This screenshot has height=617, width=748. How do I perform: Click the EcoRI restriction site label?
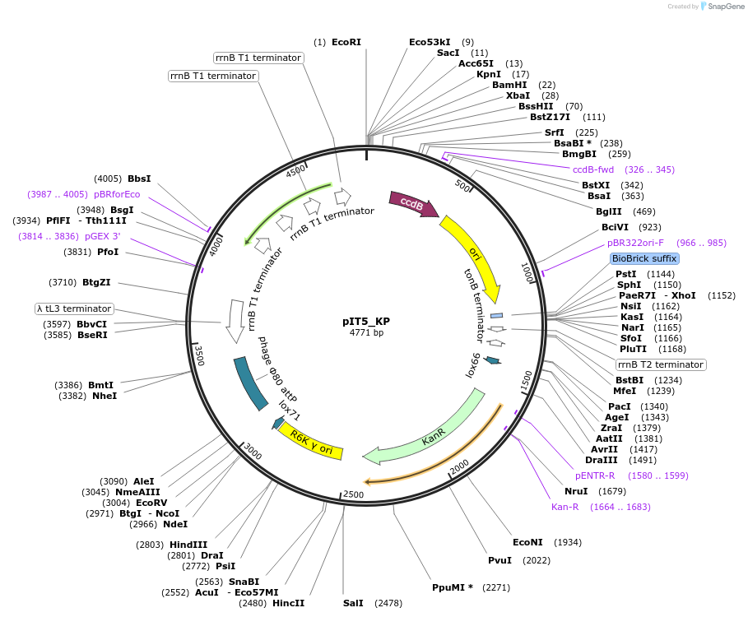point(346,42)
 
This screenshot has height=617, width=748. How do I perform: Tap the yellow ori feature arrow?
point(474,255)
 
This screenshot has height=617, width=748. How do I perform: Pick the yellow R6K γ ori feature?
point(311,443)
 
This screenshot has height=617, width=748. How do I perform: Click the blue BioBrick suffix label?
point(644,258)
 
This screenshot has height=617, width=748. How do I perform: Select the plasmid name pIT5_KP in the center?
point(366,322)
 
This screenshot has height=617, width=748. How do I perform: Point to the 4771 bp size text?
point(366,333)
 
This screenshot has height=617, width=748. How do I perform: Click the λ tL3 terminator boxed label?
point(73,308)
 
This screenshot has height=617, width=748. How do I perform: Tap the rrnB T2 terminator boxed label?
point(661,364)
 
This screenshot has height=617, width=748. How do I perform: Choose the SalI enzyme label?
point(353,603)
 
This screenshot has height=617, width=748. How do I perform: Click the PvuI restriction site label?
point(499,560)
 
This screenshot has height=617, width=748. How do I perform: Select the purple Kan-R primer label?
point(566,507)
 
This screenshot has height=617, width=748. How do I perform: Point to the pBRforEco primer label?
point(117,195)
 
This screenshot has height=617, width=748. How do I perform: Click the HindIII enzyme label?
point(188,545)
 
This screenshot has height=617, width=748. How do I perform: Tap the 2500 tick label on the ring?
point(353,494)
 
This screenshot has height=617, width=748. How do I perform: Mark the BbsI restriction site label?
point(139,179)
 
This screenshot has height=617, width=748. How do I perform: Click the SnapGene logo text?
point(723,7)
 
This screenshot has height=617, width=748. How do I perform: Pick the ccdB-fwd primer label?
point(593,169)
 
